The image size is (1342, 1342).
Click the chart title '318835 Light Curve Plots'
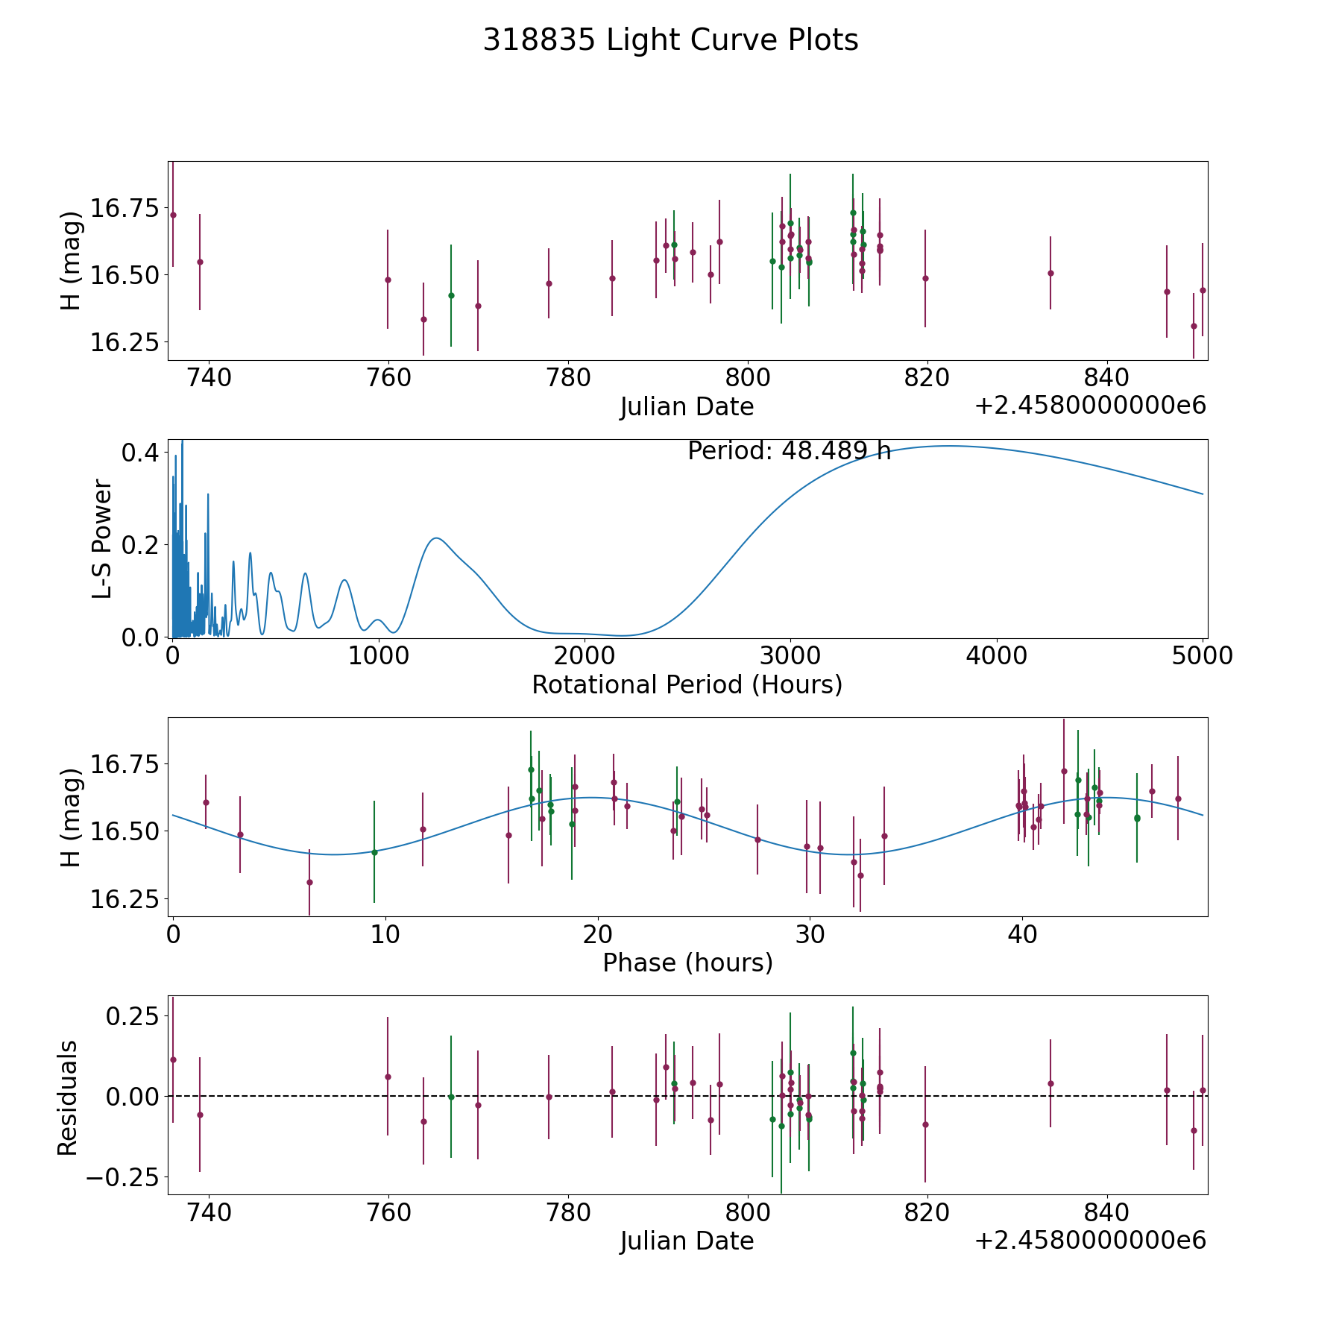tap(670, 40)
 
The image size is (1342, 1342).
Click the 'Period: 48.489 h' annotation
tap(789, 451)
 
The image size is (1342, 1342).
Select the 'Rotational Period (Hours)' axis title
tap(687, 684)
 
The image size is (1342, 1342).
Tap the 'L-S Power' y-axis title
tap(103, 539)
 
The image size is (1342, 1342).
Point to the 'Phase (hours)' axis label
tap(687, 963)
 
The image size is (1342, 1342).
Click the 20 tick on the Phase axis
tap(598, 934)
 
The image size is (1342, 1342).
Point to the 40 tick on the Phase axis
tap(1022, 934)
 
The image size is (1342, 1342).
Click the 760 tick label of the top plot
tap(388, 378)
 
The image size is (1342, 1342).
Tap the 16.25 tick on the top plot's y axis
tap(125, 343)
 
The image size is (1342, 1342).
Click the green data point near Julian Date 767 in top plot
tap(451, 295)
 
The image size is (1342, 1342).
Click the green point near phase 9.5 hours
tap(374, 852)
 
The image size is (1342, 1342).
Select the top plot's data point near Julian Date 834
tap(1050, 273)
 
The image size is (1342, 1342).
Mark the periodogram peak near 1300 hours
tap(436, 538)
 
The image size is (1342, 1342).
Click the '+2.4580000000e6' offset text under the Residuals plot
tap(1090, 1241)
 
